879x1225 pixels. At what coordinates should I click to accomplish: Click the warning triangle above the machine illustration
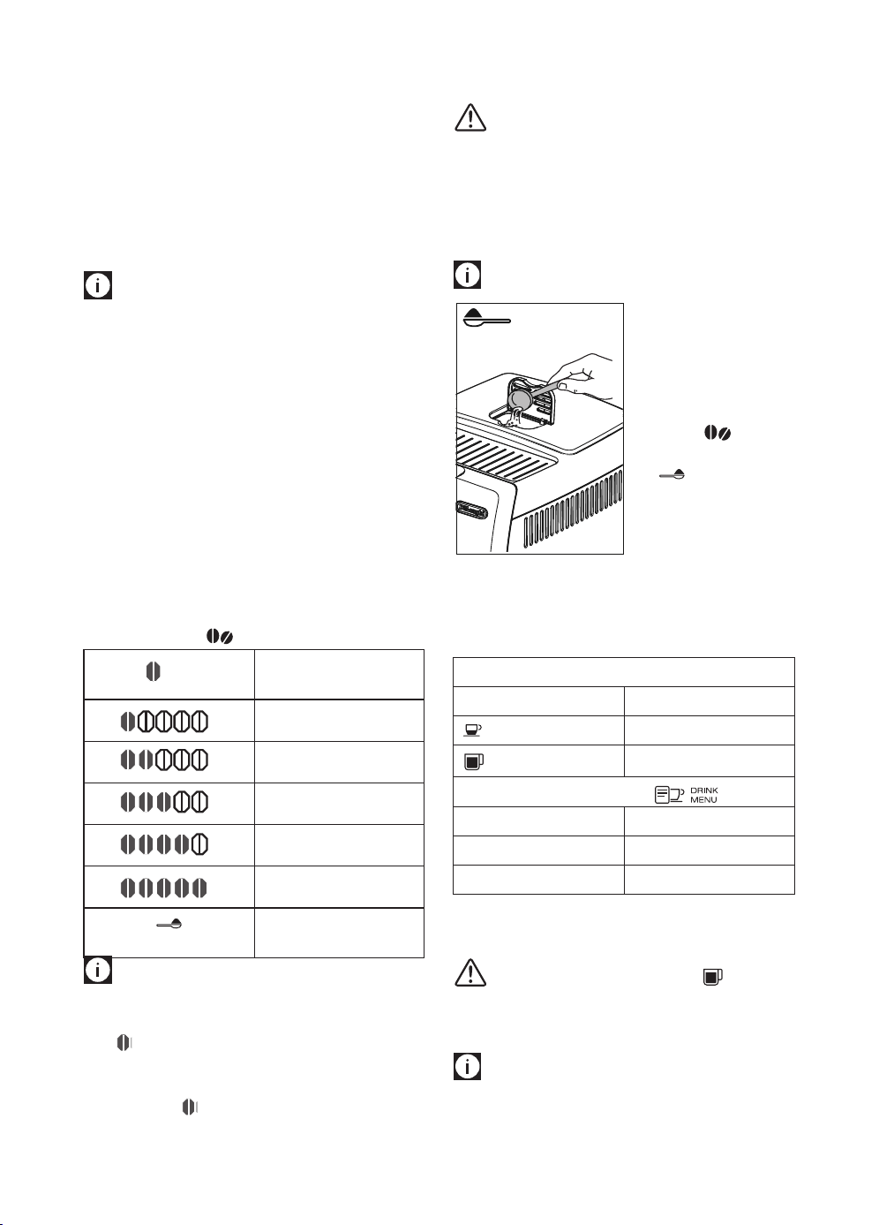(470, 117)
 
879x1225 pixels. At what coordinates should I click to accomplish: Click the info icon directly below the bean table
(98, 970)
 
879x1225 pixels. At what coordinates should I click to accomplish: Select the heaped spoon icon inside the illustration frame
(486, 318)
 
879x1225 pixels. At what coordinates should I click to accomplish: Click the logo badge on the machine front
(471, 510)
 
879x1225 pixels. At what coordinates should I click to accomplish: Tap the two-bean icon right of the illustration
(717, 433)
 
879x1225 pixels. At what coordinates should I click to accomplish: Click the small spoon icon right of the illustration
(672, 474)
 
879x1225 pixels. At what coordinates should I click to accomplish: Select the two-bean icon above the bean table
(220, 636)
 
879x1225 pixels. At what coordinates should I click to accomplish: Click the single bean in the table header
(153, 671)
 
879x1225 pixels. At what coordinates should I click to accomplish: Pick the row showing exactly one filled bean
(164, 722)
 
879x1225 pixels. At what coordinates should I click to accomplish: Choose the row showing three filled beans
(164, 802)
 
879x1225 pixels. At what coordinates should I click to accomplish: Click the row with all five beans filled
(164, 888)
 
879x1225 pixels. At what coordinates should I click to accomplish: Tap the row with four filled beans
(164, 844)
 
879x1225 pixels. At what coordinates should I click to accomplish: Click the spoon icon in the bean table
(169, 924)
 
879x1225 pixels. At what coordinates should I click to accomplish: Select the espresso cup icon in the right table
(472, 730)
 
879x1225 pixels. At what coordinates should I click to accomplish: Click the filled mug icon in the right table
(474, 761)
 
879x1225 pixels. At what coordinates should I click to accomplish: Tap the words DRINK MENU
(703, 795)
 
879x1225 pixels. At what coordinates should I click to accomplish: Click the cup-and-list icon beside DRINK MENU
(669, 795)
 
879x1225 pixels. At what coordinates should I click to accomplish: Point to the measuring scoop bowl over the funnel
(518, 400)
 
